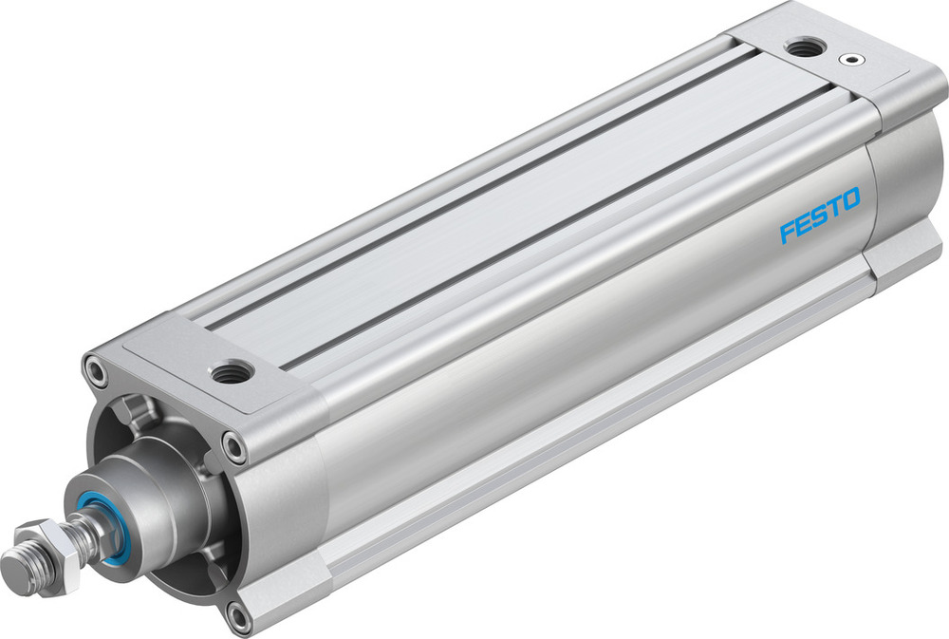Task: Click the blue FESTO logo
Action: [x=820, y=216]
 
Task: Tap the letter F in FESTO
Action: [x=787, y=233]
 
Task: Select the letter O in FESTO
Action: [x=851, y=199]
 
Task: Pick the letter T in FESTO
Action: [x=834, y=208]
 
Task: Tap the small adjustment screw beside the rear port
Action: [x=858, y=60]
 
